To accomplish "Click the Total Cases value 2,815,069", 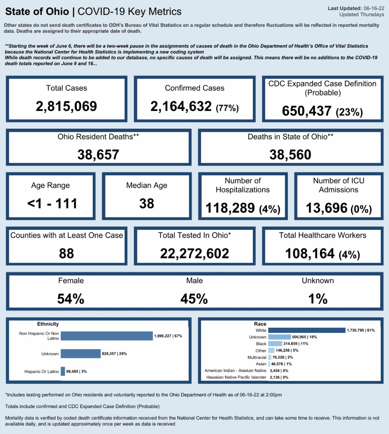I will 66,106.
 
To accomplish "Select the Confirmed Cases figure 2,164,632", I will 181,106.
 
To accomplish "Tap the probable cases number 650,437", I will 307,111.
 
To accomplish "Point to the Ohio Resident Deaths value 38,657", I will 98,155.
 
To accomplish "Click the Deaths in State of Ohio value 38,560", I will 290,155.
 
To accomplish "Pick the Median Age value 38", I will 147,204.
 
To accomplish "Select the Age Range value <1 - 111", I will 52,204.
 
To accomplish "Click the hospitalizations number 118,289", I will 230,208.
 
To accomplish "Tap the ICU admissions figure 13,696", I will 326,208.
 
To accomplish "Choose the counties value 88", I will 66,253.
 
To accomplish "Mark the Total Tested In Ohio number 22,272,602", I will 194,253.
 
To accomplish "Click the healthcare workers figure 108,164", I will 310,253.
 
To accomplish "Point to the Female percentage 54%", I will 71,299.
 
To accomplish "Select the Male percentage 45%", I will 194,299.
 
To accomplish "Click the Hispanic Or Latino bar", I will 63,371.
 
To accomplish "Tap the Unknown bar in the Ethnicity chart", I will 81,354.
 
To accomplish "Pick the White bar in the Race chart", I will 307,330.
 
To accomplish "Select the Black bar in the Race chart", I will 275,344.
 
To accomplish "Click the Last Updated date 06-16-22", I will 374,8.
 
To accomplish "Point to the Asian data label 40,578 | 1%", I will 281,364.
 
